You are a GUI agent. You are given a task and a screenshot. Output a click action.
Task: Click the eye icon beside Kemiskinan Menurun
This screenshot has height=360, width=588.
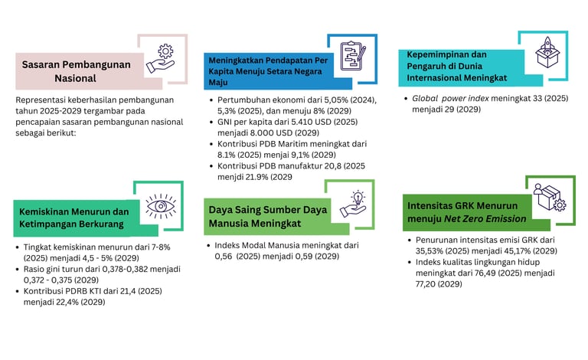tap(161, 205)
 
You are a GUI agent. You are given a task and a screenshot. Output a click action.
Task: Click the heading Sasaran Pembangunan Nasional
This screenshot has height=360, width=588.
tap(76, 70)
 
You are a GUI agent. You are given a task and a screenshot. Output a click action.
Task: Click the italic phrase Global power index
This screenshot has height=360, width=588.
tap(449, 99)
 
